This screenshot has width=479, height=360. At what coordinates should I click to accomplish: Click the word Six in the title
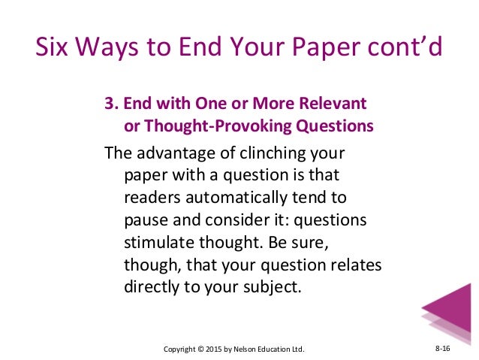(x=54, y=48)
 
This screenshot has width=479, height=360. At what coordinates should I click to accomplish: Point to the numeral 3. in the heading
(x=110, y=104)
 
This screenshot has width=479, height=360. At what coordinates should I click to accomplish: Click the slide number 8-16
(x=443, y=349)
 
